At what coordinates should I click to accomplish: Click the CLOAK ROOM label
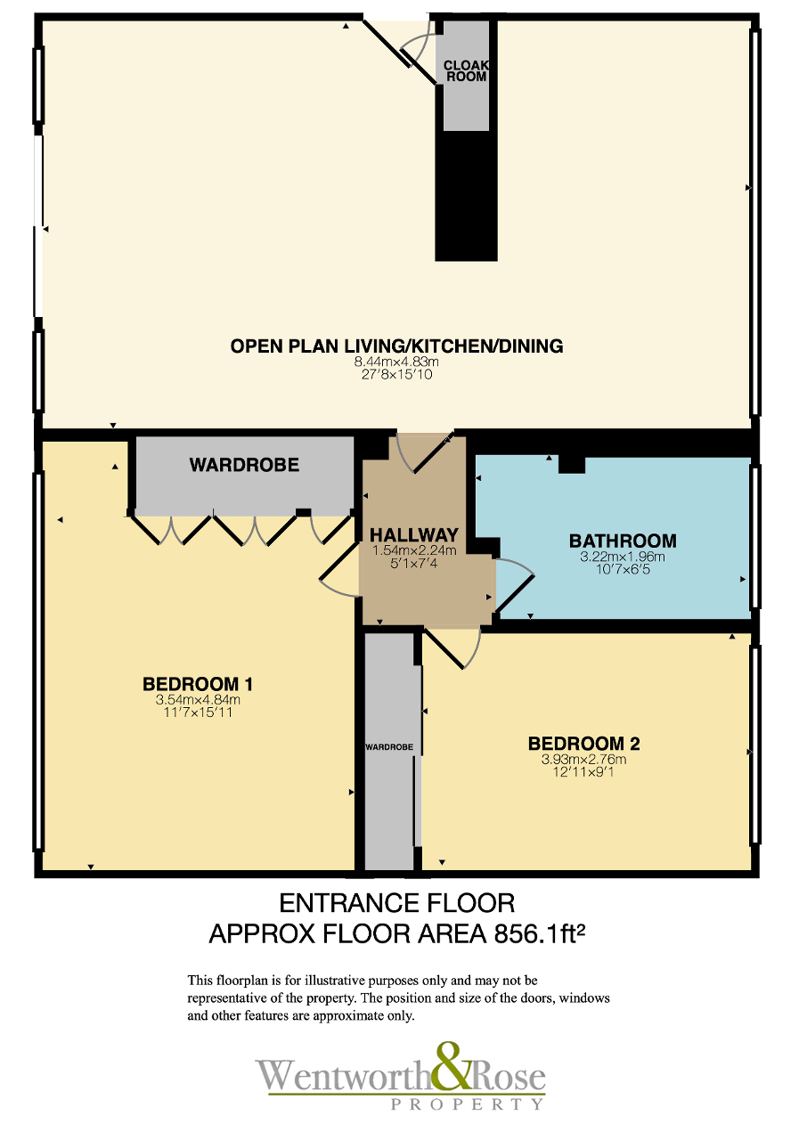pos(466,70)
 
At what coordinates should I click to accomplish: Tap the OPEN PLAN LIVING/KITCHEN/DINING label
pos(397,346)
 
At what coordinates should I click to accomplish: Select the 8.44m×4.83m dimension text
pos(396,362)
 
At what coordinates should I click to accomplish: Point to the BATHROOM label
pos(623,541)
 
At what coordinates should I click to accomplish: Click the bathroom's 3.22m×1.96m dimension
pos(623,557)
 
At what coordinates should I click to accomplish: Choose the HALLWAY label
pos(414,535)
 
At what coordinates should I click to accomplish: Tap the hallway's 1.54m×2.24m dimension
pos(414,550)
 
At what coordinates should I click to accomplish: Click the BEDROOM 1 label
pos(198,684)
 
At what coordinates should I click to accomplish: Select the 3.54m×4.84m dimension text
pos(198,699)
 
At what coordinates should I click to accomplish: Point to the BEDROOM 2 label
pos(583,744)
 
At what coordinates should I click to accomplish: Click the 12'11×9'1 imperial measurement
pos(583,771)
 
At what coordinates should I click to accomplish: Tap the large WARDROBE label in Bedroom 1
pos(244,465)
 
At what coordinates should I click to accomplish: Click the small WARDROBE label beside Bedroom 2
pos(389,747)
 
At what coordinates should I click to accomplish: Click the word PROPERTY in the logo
pos(467,1103)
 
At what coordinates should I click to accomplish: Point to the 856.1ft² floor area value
pos(540,933)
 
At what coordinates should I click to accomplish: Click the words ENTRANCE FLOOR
pos(397,903)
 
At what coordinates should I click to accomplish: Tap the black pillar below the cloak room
pos(466,196)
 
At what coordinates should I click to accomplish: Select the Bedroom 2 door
pos(444,649)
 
